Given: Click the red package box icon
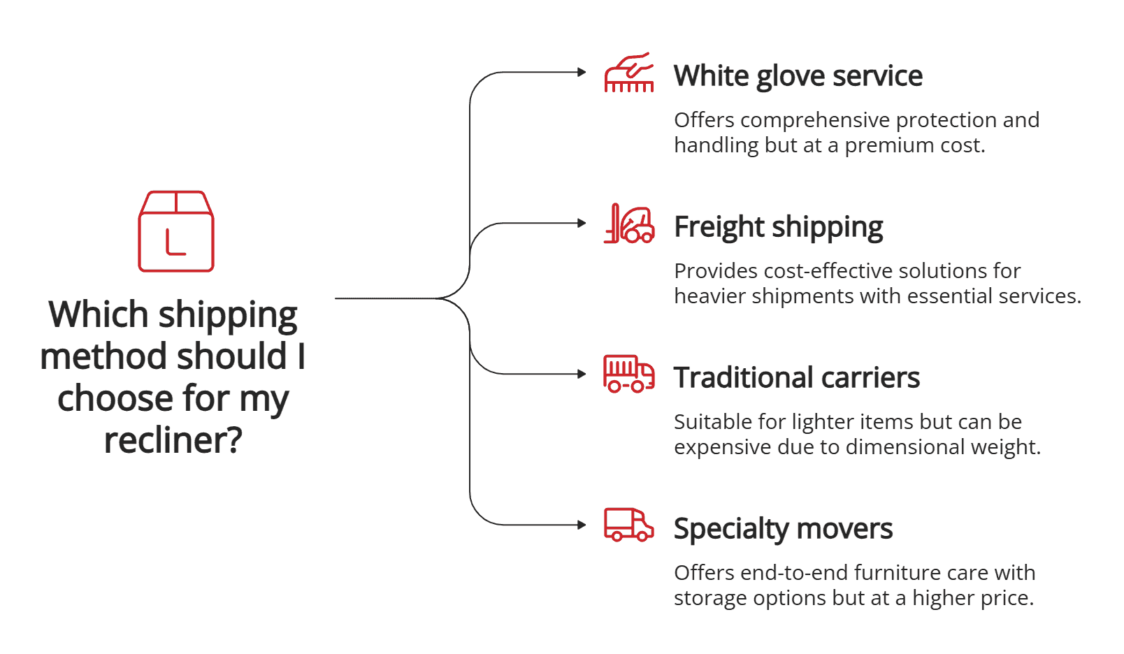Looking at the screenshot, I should pyautogui.click(x=176, y=231).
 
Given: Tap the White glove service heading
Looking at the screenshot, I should pyautogui.click(x=798, y=76).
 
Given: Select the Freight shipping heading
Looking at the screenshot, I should pyautogui.click(x=778, y=227).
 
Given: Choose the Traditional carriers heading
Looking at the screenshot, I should pyautogui.click(x=796, y=378).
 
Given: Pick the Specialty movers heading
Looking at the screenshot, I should pyautogui.click(x=783, y=529).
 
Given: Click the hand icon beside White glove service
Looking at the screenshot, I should pyautogui.click(x=629, y=73).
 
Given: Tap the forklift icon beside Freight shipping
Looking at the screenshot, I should pyautogui.click(x=629, y=224).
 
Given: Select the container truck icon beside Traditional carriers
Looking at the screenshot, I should pyautogui.click(x=629, y=374).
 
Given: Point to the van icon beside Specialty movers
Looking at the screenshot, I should pyautogui.click(x=629, y=525).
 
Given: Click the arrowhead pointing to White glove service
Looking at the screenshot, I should pyautogui.click(x=582, y=72).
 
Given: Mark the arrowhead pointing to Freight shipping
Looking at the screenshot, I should pyautogui.click(x=582, y=223).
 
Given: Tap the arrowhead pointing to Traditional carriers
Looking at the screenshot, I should pyautogui.click(x=582, y=374).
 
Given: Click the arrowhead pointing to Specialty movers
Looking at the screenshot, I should pyautogui.click(x=582, y=525).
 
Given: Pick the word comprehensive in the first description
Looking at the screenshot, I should pyautogui.click(x=815, y=120).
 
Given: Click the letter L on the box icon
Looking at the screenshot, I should pyautogui.click(x=175, y=242).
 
